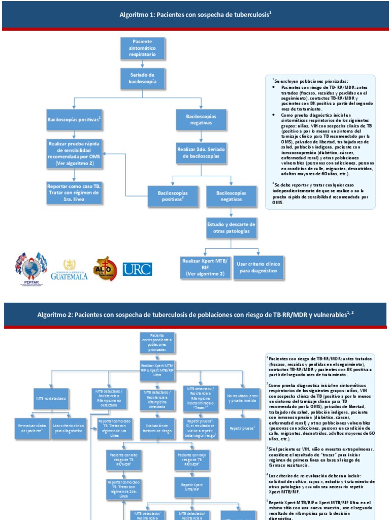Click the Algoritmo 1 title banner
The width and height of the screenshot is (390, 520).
pos(195,16)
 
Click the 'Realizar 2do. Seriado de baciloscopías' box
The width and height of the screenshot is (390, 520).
pos(201,154)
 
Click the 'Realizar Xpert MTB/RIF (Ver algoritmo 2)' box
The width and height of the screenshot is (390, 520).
pos(205,267)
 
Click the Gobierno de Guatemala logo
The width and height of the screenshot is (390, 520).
pos(69,270)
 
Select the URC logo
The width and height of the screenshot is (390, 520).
pos(137,269)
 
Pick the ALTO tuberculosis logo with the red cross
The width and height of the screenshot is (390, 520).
pos(105,269)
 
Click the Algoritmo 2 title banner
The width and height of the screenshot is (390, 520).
pos(195,315)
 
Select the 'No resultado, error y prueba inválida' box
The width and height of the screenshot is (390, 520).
pos(242,398)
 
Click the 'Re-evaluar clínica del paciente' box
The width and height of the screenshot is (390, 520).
pos(31,428)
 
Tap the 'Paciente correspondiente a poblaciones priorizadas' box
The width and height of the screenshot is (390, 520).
pos(157,343)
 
